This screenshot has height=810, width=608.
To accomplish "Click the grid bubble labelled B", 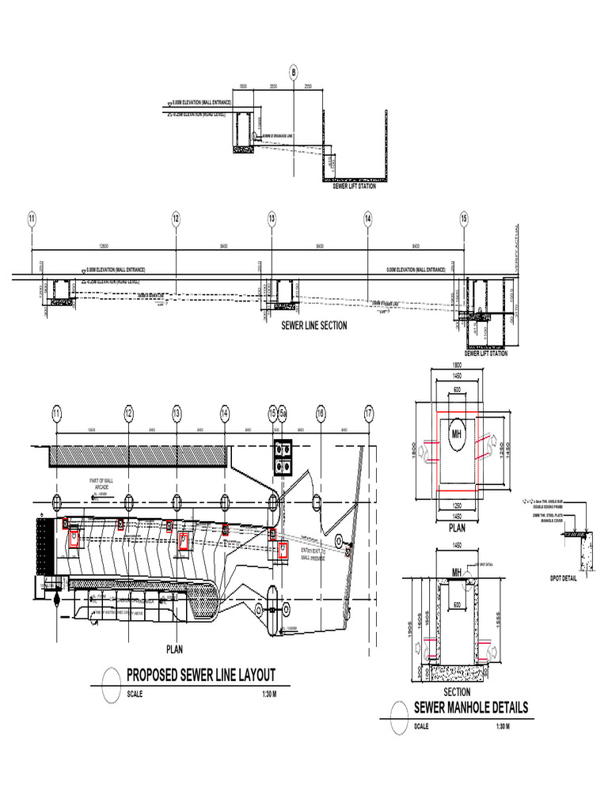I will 294,73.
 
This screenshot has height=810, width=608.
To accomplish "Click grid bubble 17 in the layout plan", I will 368,412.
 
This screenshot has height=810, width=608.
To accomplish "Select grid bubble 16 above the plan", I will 321,412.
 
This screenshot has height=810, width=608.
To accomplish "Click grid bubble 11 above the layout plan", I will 56,412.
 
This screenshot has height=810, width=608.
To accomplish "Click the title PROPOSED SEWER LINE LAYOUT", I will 201,675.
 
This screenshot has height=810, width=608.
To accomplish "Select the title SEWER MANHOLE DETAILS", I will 470,707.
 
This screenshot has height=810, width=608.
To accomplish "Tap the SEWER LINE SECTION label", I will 314,325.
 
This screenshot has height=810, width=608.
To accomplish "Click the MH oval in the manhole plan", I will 457,433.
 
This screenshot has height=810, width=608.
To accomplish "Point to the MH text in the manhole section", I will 456,573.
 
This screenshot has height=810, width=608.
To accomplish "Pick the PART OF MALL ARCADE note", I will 102,483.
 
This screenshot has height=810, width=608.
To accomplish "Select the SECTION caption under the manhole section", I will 457,692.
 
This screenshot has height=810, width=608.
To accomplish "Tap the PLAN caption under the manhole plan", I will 458,526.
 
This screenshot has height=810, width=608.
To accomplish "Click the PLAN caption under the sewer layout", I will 174,649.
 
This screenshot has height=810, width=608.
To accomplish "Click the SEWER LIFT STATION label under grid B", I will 354,186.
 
